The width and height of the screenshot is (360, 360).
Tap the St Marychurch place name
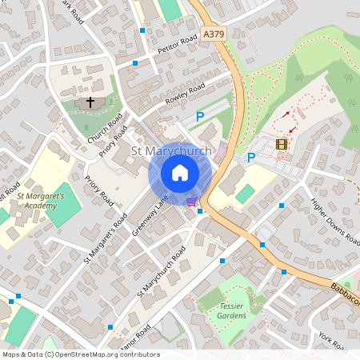pyautogui.click(x=170, y=151)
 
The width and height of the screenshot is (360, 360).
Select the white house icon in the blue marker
pyautogui.click(x=180, y=173)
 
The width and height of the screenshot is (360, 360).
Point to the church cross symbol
pyautogui.click(x=90, y=102)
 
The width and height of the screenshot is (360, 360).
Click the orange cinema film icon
pyautogui.click(x=281, y=144)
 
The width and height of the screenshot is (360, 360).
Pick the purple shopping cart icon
pyautogui.click(x=191, y=202)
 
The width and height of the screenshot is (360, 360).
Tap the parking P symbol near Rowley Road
pyautogui.click(x=200, y=117)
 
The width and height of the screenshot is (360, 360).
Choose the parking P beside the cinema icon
pyautogui.click(x=250, y=158)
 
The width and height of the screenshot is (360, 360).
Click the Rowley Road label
pyautogui.click(x=185, y=95)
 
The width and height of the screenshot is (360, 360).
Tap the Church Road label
pyautogui.click(x=105, y=128)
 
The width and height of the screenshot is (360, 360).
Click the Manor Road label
pyautogui.click(x=131, y=335)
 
